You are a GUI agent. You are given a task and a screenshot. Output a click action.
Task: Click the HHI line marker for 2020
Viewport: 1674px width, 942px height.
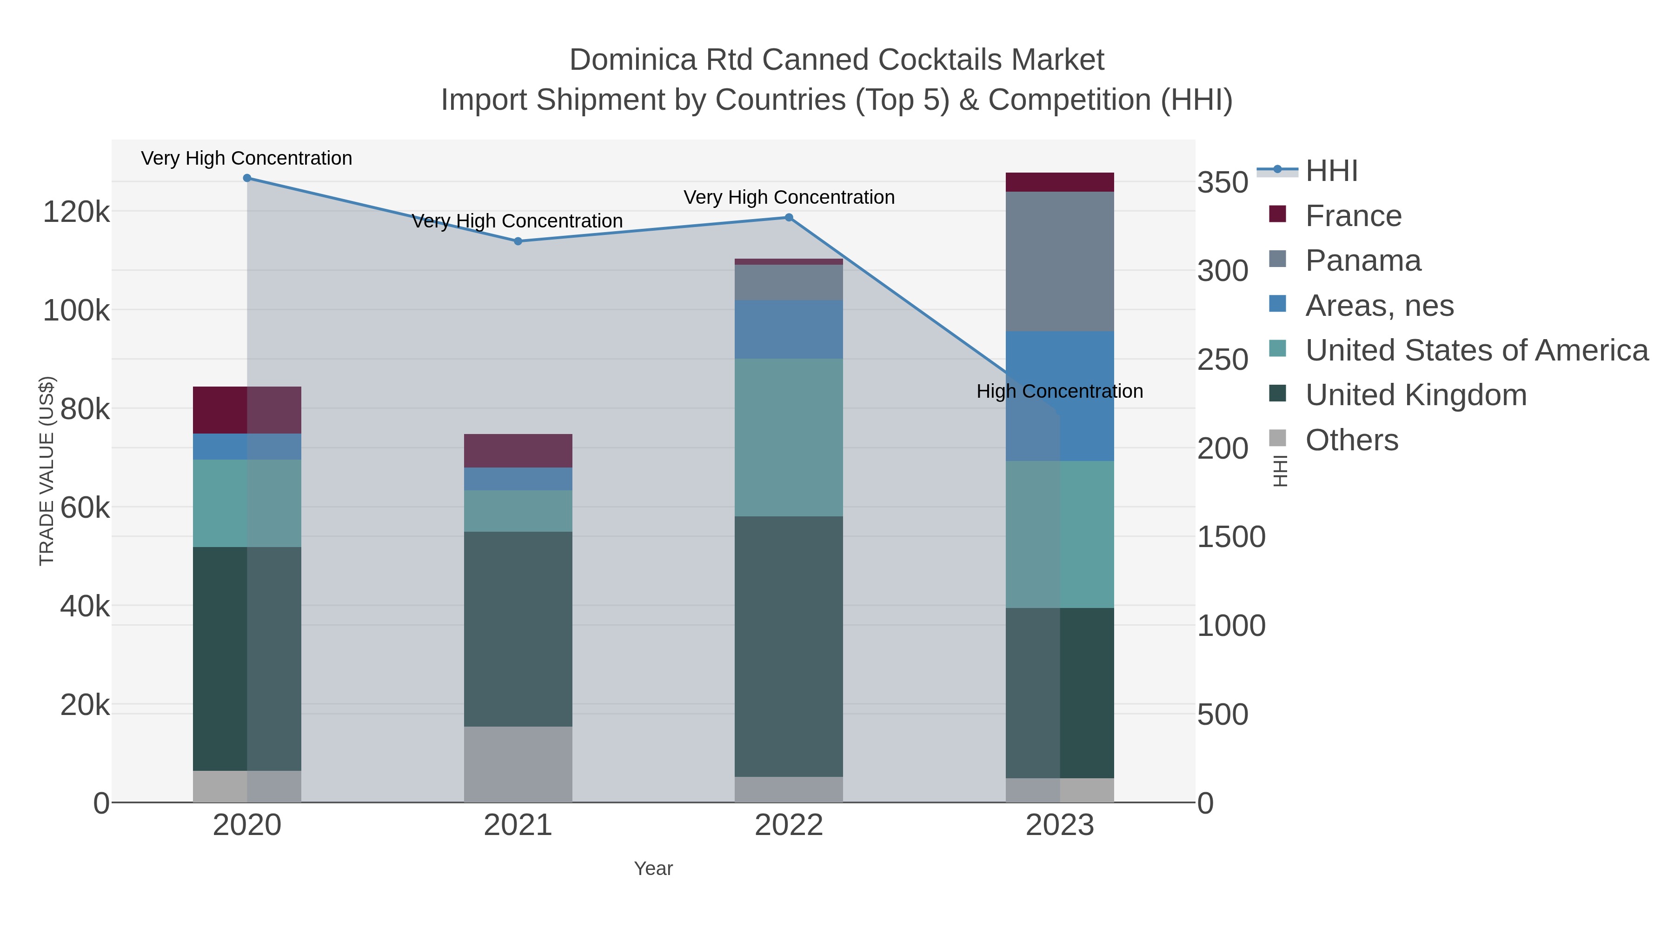(247, 178)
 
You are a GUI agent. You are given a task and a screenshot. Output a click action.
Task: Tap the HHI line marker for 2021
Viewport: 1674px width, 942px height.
(518, 241)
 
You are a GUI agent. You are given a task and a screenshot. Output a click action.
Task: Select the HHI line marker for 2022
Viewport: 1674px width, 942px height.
(789, 218)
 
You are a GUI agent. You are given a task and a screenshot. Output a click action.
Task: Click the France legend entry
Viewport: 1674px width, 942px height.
(1353, 216)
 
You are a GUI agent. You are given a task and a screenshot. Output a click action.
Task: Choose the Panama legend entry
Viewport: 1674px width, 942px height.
(1363, 261)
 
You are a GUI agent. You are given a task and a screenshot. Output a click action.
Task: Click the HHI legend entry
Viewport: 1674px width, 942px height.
(1331, 171)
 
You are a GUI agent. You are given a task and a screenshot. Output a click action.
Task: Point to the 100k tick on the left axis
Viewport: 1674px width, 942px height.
(76, 311)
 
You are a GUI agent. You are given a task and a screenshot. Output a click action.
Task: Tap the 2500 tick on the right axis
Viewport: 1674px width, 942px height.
(1223, 360)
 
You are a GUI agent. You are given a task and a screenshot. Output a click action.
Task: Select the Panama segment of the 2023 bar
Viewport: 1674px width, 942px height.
(1060, 261)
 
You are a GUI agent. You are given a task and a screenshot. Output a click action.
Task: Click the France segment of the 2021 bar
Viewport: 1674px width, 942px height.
(518, 450)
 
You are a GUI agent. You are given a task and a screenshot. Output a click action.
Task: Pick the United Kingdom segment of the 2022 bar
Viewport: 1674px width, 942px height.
(789, 646)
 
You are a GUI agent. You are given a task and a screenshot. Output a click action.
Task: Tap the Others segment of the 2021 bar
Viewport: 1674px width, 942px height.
(518, 764)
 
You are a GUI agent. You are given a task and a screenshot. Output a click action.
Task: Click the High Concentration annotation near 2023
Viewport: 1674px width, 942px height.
(1060, 391)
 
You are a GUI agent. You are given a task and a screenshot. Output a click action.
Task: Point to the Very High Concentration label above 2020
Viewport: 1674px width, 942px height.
(247, 158)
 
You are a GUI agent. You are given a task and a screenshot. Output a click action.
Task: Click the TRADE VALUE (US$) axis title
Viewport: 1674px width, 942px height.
(47, 471)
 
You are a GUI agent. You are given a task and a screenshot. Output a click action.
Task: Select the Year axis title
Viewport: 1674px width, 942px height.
(653, 869)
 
